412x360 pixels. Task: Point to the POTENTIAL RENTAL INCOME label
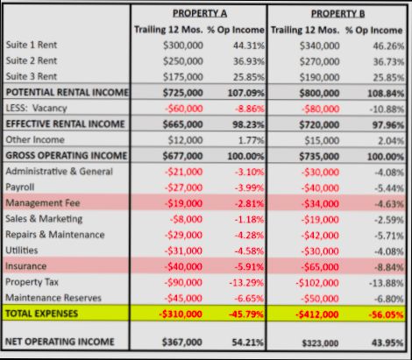(x=66, y=92)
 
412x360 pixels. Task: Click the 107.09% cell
(x=246, y=92)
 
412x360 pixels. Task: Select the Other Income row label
(x=33, y=139)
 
